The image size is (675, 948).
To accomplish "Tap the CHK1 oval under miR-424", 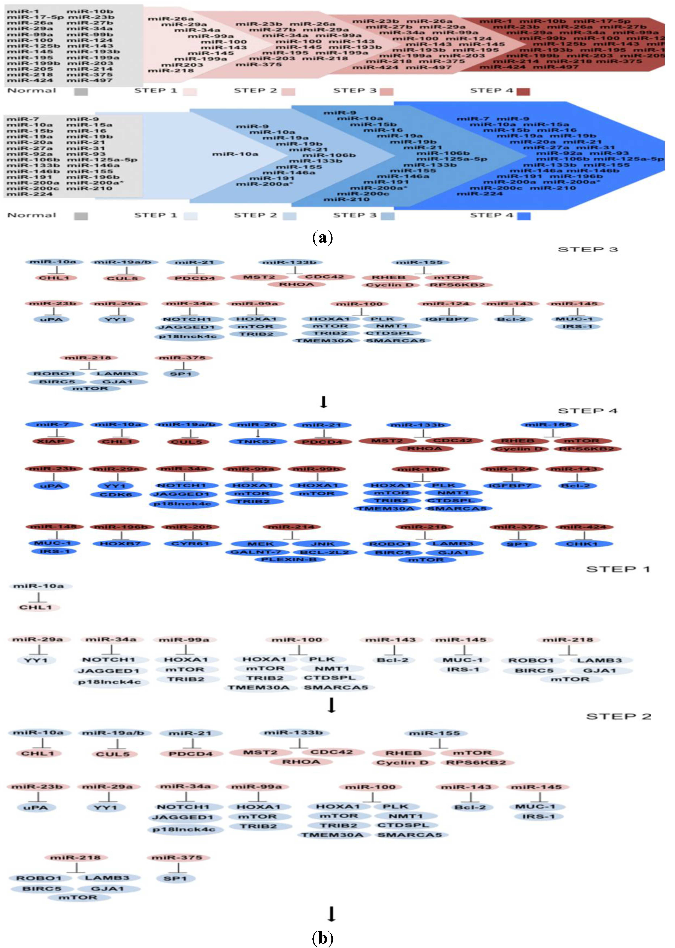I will [x=584, y=544].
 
